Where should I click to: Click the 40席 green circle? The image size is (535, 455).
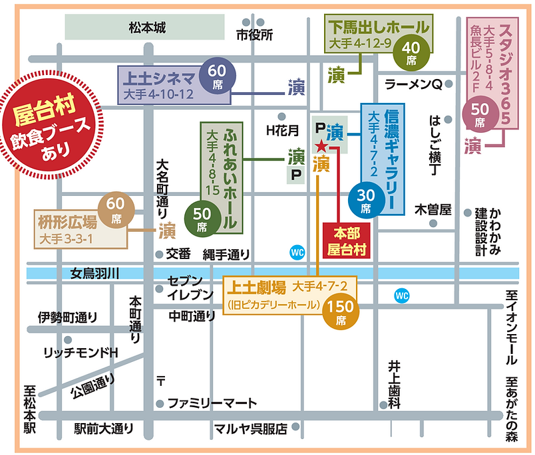(409, 52)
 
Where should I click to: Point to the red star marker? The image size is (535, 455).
(321, 145)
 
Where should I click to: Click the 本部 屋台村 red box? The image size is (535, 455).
(345, 240)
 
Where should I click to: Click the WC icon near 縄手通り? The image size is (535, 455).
(298, 252)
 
